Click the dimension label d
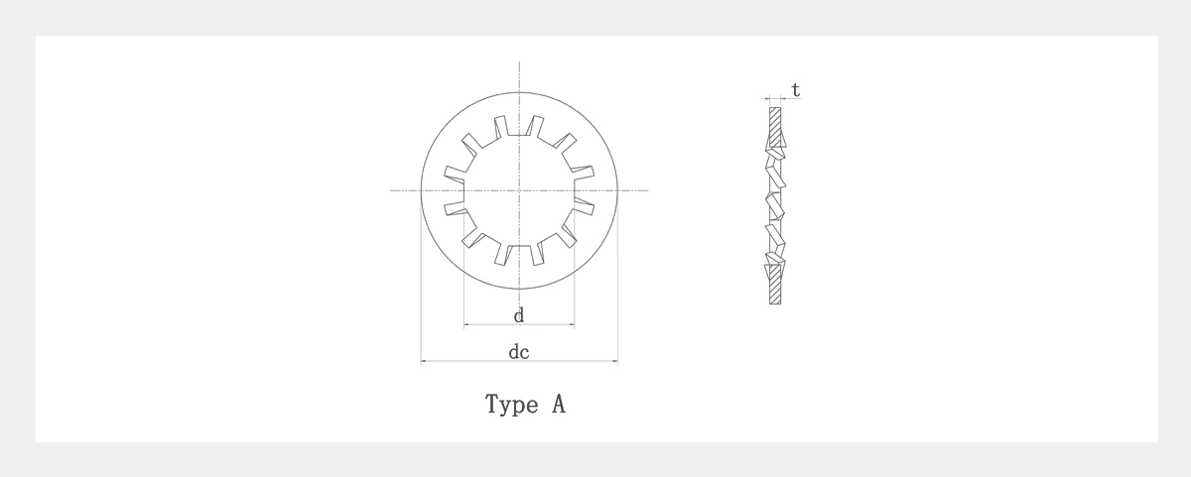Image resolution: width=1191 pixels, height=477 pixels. tap(519, 315)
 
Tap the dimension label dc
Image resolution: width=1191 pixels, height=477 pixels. tap(519, 352)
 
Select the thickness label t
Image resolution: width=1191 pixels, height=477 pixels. tap(795, 90)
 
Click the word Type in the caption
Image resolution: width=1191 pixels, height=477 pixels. tap(511, 405)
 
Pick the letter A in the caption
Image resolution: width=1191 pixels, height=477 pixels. tap(558, 405)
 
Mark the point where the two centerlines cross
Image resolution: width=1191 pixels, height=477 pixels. tap(519, 190)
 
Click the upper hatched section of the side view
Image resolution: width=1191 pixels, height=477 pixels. tap(775, 126)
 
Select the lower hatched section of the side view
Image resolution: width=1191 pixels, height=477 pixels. tap(775, 285)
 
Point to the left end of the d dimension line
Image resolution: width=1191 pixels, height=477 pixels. tap(464, 324)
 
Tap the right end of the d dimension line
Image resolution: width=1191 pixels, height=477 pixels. tap(575, 324)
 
